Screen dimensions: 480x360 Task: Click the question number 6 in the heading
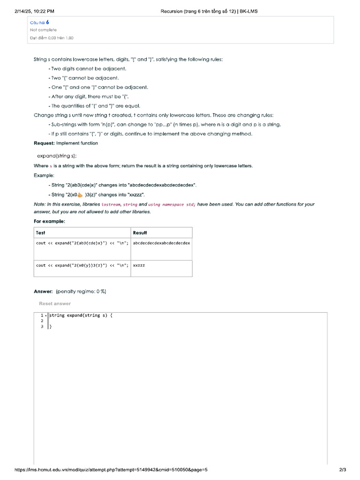click(47, 22)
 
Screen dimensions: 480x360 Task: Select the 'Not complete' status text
click(43, 30)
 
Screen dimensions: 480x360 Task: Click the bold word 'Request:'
click(44, 143)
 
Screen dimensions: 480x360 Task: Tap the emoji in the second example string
click(79, 194)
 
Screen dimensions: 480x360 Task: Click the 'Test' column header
click(41, 232)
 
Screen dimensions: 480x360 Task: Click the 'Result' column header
click(140, 232)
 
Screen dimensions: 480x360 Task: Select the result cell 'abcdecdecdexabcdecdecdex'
click(161, 243)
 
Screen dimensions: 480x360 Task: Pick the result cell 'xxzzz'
click(139, 265)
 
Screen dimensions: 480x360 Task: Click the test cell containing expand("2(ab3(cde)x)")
click(82, 243)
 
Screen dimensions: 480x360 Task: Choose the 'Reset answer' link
click(55, 304)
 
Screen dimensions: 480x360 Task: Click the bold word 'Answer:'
click(43, 292)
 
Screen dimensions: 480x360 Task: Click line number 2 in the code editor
click(42, 321)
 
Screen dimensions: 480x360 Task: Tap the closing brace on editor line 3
click(50, 327)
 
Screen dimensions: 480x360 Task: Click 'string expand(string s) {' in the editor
click(81, 315)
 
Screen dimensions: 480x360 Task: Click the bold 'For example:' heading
click(49, 221)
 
